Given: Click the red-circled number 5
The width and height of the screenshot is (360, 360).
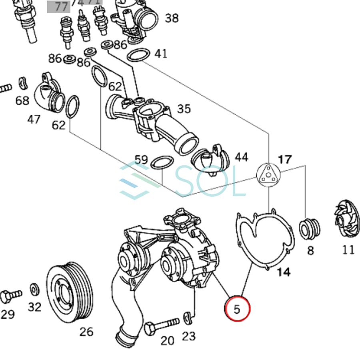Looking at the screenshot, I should [237, 309].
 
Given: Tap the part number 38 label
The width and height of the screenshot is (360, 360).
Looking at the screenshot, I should [172, 18].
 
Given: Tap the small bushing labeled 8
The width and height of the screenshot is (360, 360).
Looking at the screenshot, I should [310, 228].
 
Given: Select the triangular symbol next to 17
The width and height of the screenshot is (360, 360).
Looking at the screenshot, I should [268, 175].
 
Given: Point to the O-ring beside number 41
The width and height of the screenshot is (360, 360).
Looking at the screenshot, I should [138, 56].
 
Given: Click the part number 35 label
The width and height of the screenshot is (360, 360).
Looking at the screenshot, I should [184, 109].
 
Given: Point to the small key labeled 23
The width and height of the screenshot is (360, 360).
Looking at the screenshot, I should [188, 318].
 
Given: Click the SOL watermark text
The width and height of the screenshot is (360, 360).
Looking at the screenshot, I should [210, 182].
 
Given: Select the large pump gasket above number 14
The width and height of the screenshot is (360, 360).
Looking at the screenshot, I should [264, 240].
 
